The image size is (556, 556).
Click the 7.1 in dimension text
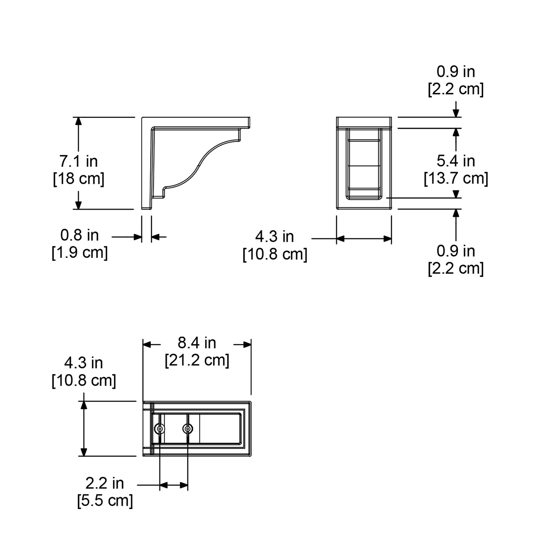pyautogui.click(x=78, y=161)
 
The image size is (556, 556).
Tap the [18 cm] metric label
pyautogui.click(x=78, y=179)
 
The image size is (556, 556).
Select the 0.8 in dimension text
pyautogui.click(x=79, y=235)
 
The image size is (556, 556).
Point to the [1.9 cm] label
pyautogui.click(x=80, y=253)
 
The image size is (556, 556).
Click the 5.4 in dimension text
pyautogui.click(x=456, y=161)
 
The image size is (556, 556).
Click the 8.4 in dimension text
pyautogui.click(x=197, y=343)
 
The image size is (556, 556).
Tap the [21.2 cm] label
pyautogui.click(x=197, y=360)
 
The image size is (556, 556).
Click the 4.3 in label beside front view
pyautogui.click(x=275, y=237)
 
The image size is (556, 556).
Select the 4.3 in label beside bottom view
pyautogui.click(x=83, y=363)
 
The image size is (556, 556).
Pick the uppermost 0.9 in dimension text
pyautogui.click(x=456, y=72)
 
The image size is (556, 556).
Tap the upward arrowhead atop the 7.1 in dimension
pyautogui.click(x=78, y=121)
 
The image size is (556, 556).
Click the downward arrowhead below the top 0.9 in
pyautogui.click(x=456, y=113)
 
